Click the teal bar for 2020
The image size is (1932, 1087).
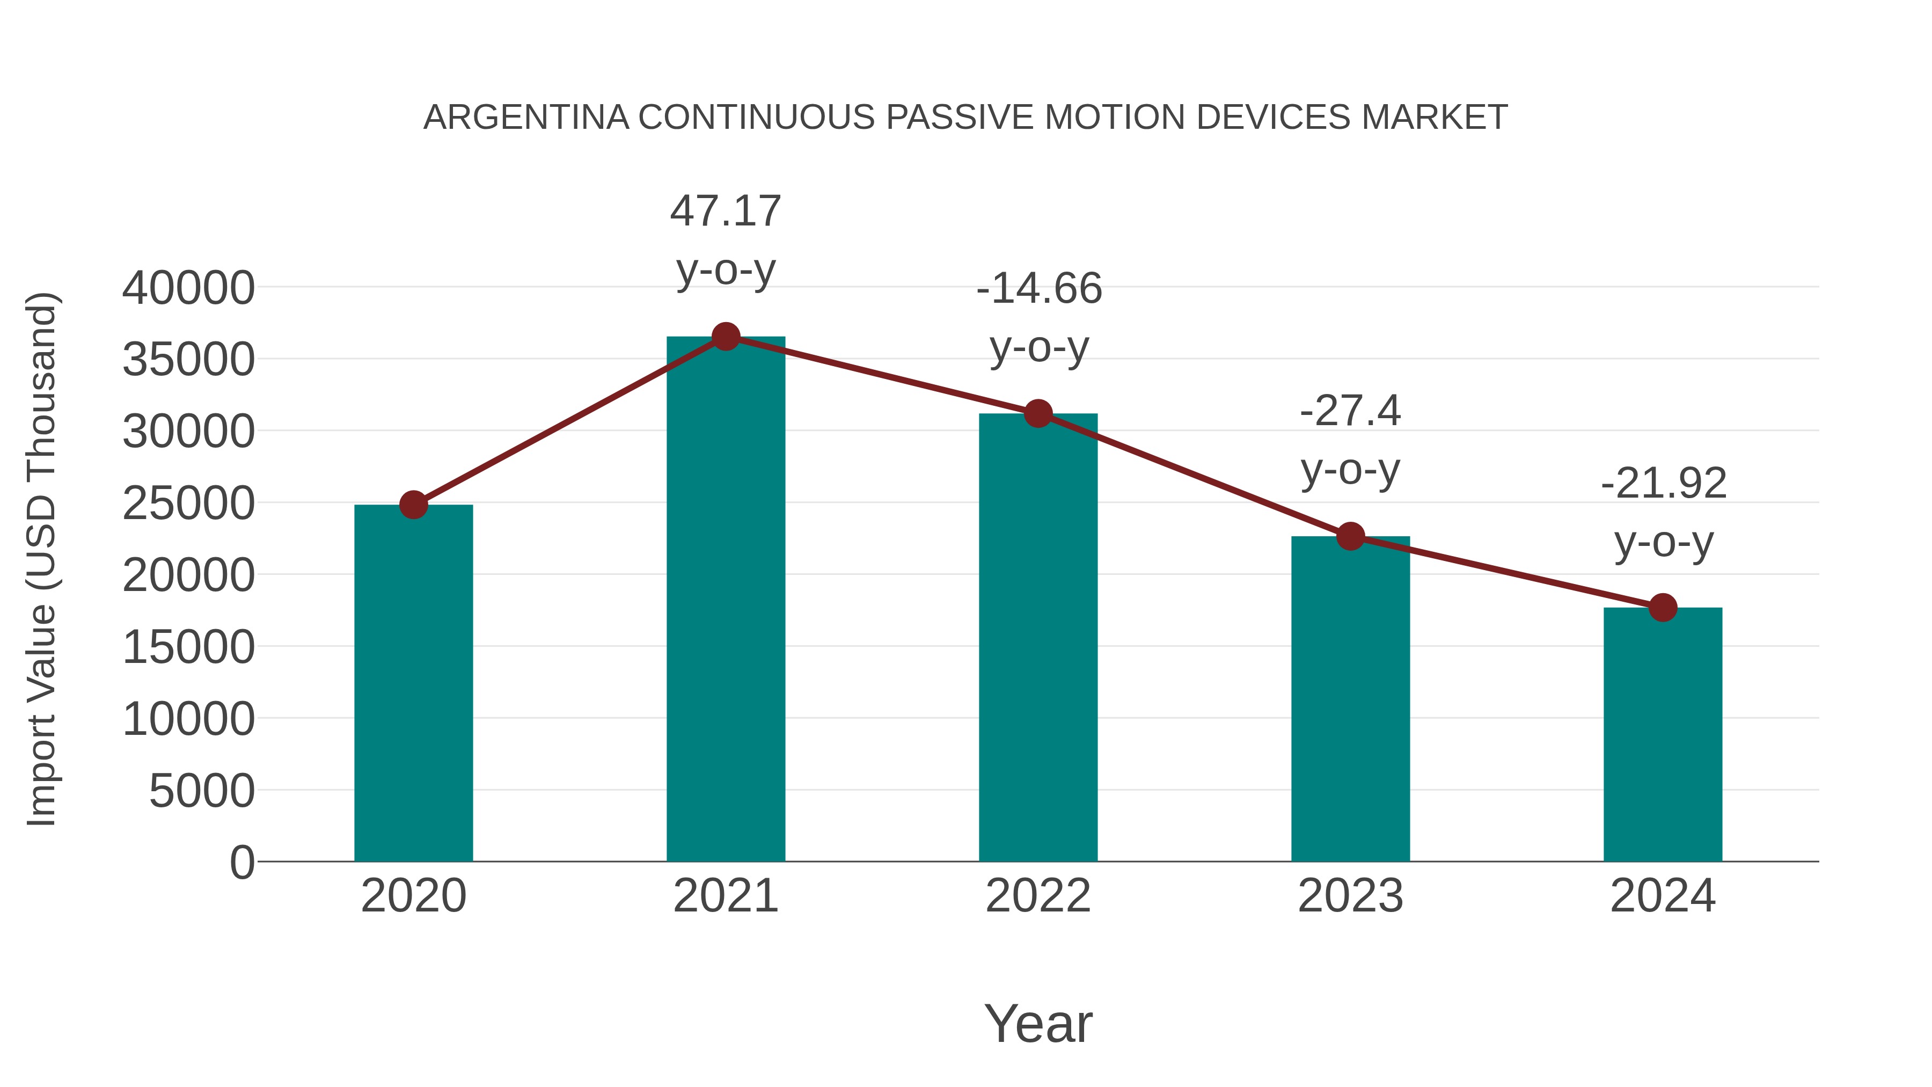413,683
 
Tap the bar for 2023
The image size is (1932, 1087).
1350,698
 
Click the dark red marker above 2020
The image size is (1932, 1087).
413,505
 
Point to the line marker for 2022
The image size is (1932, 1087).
1038,413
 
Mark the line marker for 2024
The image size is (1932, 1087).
1663,608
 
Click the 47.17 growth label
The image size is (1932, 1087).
725,211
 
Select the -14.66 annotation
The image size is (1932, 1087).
1039,289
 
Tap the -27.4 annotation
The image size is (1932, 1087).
1350,411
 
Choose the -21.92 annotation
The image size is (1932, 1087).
1664,483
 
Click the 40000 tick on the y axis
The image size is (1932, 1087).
188,288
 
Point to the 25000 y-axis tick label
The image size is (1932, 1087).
188,504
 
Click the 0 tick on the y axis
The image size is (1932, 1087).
241,862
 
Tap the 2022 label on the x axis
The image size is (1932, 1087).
1038,896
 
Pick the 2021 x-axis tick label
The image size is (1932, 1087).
725,896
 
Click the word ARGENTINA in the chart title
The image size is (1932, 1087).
526,118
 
